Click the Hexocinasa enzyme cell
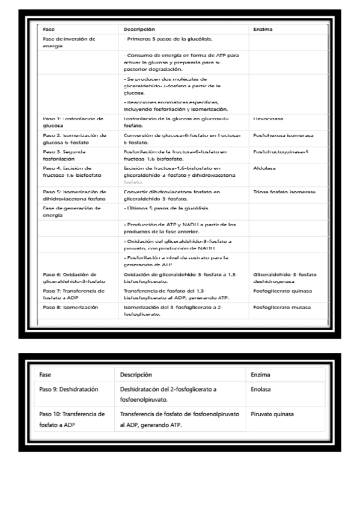click(x=268, y=119)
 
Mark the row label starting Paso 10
click(x=72, y=420)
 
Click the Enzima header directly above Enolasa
click(x=261, y=375)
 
